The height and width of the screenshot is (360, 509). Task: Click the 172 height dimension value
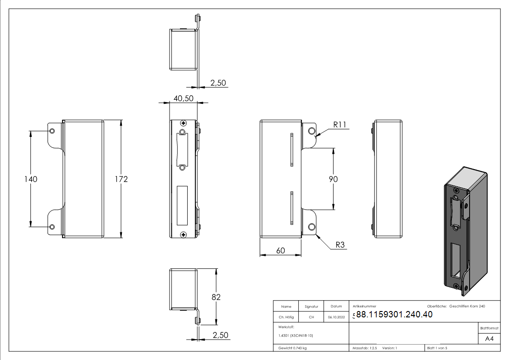121,179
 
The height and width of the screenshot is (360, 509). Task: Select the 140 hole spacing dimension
30,179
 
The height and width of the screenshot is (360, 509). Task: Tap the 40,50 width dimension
183,98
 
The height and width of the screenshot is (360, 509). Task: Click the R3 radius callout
340,245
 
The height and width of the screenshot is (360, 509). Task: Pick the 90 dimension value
333,179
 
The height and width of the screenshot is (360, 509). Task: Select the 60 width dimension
280,250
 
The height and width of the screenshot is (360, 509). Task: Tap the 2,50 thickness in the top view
218,83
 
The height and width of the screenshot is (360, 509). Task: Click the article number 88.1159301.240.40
394,315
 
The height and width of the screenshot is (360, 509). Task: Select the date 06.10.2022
336,317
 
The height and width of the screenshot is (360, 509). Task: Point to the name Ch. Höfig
286,317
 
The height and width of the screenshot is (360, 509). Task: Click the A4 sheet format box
490,339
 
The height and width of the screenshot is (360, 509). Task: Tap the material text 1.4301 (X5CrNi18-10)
296,336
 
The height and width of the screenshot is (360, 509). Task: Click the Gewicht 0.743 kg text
292,348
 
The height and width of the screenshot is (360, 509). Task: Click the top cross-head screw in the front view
183,123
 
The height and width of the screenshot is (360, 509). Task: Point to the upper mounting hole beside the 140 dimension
52,131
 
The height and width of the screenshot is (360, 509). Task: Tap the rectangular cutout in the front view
182,205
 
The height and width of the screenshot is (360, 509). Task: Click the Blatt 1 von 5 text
437,348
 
